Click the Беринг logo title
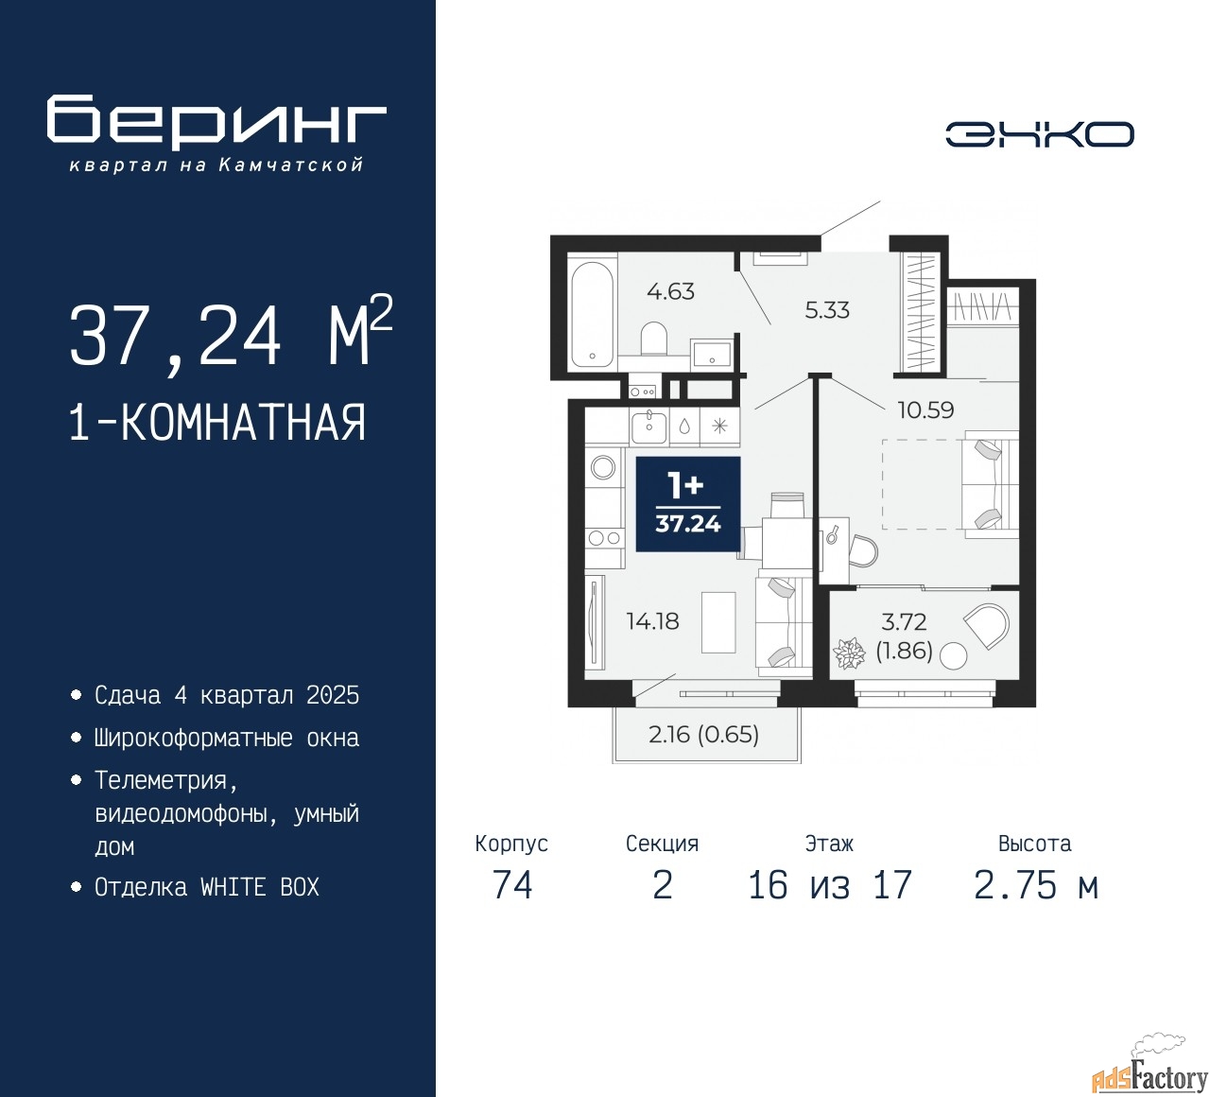216,122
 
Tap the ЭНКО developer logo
1039,134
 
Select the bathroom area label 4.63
670,291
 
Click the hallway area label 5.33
827,310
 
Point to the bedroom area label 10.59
925,409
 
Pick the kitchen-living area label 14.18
652,621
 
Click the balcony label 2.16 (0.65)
703,735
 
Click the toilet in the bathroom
654,338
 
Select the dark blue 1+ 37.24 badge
687,504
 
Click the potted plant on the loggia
849,653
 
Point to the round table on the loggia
954,655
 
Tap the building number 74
512,885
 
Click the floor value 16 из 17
829,885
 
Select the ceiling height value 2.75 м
1035,885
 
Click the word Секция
662,844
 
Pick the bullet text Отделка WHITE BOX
207,887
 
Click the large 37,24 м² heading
230,335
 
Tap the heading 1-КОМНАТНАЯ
217,423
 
